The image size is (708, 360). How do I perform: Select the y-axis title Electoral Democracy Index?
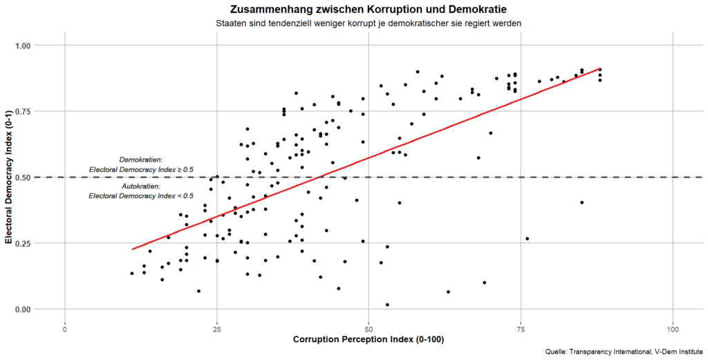pyautogui.click(x=9, y=178)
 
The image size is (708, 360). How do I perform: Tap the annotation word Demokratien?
pyautogui.click(x=140, y=160)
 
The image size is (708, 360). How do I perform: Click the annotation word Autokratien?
pyautogui.click(x=140, y=187)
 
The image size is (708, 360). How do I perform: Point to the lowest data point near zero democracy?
pyautogui.click(x=387, y=305)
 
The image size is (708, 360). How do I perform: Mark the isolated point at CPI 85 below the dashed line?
pyautogui.click(x=582, y=202)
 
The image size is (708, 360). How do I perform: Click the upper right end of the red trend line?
pyautogui.click(x=599, y=69)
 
